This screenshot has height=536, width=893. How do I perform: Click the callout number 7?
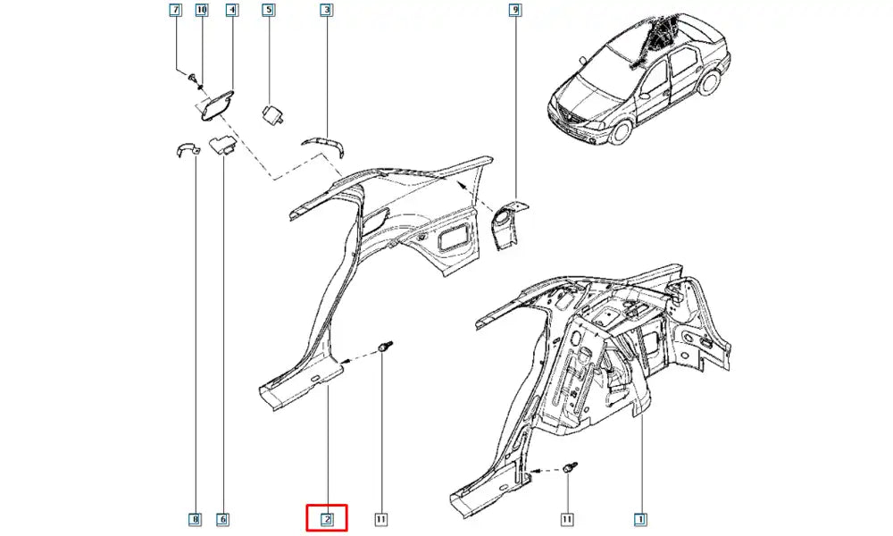pyautogui.click(x=175, y=10)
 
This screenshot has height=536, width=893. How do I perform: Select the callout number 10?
pyautogui.click(x=202, y=10)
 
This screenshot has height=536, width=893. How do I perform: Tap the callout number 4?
pyautogui.click(x=231, y=10)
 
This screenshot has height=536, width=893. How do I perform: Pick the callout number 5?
pyautogui.click(x=268, y=10)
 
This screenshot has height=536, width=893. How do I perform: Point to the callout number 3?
pyautogui.click(x=326, y=10)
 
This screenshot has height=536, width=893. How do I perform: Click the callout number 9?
pyautogui.click(x=513, y=10)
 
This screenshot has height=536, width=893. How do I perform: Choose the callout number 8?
pyautogui.click(x=195, y=519)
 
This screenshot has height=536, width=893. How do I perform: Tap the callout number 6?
pyautogui.click(x=222, y=519)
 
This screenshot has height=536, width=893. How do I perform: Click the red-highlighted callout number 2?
pyautogui.click(x=327, y=519)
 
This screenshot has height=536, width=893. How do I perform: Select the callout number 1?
pyautogui.click(x=640, y=519)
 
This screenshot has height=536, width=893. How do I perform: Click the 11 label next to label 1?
pyautogui.click(x=567, y=519)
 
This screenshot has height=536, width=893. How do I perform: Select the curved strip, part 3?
pyautogui.click(x=326, y=145)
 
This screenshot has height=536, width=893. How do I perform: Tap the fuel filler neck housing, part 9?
pyautogui.click(x=509, y=222)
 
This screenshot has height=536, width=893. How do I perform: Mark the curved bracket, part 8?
pyautogui.click(x=186, y=150)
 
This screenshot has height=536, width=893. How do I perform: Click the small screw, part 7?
pyautogui.click(x=192, y=76)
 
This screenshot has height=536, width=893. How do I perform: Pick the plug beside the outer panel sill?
pyautogui.click(x=385, y=346)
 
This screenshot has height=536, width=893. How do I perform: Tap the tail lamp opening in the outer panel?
pyautogui.click(x=454, y=237)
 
